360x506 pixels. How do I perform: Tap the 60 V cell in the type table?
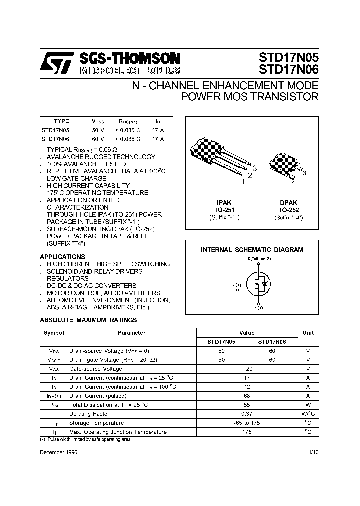pyautogui.click(x=98, y=138)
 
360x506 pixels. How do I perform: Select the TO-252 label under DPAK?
pyautogui.click(x=288, y=211)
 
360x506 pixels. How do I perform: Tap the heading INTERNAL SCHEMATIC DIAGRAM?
pyautogui.click(x=252, y=249)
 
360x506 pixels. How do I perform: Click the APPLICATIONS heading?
pyautogui.click(x=62, y=257)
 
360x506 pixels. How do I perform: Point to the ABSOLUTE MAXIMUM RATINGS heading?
pyautogui.click(x=88, y=320)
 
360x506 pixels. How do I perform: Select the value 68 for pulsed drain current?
pyautogui.click(x=246, y=396)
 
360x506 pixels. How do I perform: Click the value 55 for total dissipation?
pyautogui.click(x=246, y=405)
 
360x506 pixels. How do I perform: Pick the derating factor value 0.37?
pyautogui.click(x=246, y=414)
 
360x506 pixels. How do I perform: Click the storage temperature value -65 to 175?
pyautogui.click(x=246, y=423)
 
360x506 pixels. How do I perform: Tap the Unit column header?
pyautogui.click(x=308, y=333)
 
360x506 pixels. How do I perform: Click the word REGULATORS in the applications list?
pyautogui.click(x=67, y=278)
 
